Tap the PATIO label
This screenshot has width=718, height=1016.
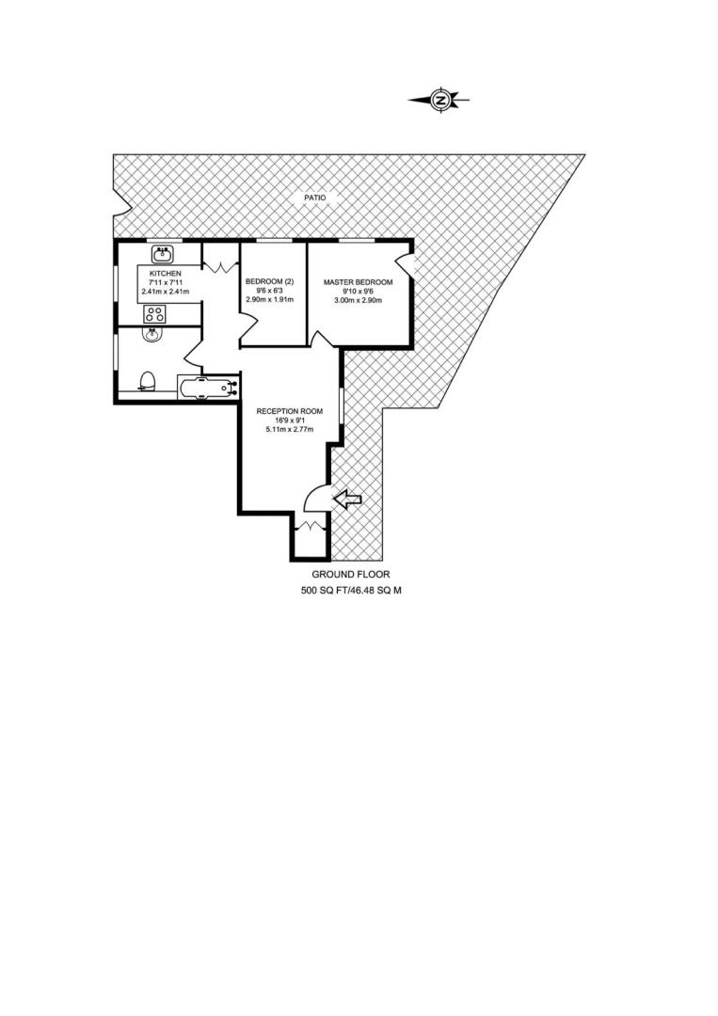315,198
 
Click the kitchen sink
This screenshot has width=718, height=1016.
162,254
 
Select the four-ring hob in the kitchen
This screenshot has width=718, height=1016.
154,315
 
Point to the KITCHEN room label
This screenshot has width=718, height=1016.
166,274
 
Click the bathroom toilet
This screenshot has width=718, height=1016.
148,382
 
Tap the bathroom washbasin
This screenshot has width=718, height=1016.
152,335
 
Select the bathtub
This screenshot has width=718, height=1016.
208,389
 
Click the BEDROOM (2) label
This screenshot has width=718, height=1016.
269,282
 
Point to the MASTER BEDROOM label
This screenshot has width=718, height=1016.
359,282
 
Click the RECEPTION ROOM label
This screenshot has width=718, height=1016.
290,411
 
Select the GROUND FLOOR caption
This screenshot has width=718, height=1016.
351,574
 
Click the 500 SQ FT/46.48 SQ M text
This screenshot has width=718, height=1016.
351,591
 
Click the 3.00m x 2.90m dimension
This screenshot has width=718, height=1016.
359,300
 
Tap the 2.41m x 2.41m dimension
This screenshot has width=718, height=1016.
166,292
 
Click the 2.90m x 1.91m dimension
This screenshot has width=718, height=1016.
269,299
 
